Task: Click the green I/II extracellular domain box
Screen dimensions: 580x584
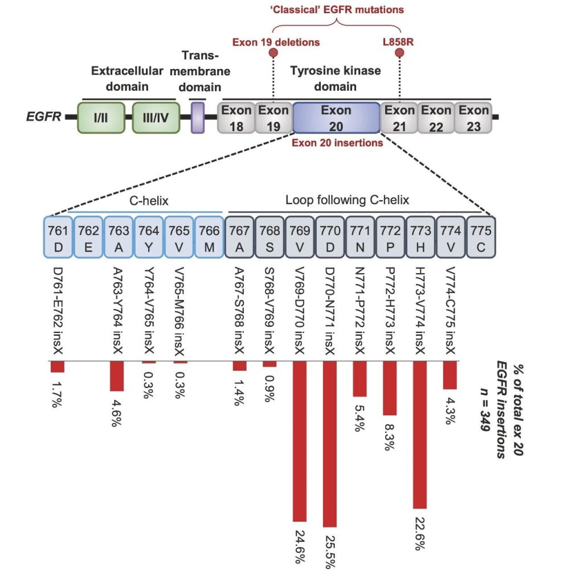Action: click(101, 117)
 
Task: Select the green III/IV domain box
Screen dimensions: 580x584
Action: click(156, 117)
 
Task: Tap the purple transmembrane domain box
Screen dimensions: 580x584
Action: click(198, 117)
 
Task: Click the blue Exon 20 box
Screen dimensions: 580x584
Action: click(336, 117)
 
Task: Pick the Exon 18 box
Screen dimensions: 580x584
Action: click(236, 117)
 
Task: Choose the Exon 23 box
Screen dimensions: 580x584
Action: click(473, 117)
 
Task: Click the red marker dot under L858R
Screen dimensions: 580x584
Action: click(399, 52)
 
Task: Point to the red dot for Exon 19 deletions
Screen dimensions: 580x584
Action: click(273, 52)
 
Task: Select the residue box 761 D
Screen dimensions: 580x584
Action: click(58, 237)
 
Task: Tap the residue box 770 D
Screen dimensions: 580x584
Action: click(330, 237)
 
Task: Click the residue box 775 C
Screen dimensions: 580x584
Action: click(481, 237)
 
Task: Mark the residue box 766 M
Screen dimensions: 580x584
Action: click(209, 237)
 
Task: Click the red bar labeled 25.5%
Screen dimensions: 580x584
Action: click(330, 444)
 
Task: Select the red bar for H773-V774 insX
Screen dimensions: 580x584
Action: click(420, 435)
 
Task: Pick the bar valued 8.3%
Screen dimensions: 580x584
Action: click(390, 388)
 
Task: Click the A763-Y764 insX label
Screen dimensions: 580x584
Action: click(118, 311)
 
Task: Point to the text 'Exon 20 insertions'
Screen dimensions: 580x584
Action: click(337, 143)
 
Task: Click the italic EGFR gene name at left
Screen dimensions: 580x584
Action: click(43, 116)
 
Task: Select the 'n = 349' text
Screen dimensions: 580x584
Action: click(484, 409)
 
